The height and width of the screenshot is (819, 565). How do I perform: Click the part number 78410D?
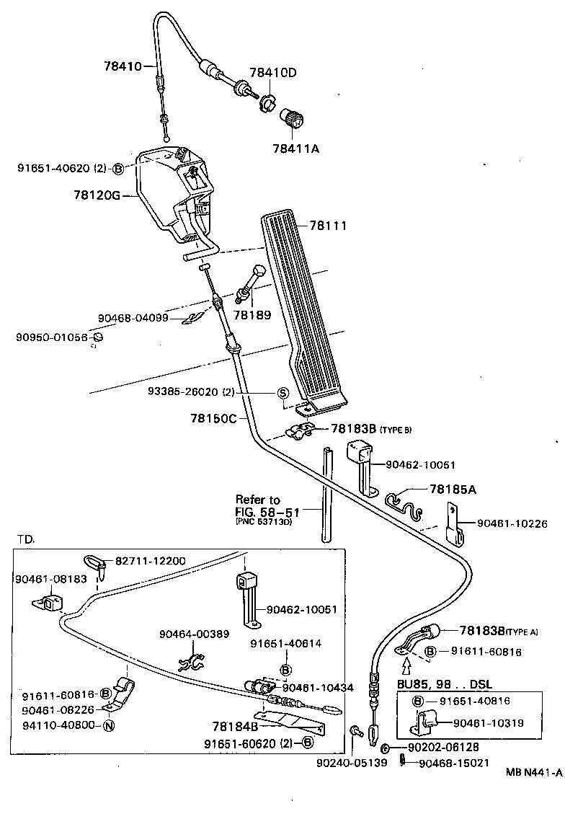273,73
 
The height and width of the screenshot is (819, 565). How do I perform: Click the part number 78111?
329,226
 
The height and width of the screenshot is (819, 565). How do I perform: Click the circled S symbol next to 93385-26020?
283,393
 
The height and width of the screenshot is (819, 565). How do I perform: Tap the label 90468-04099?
133,317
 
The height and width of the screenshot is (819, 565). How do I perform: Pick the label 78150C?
213,417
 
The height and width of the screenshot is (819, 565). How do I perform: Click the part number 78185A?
453,489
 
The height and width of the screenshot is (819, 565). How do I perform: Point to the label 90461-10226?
512,523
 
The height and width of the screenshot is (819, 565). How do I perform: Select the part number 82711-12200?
147,561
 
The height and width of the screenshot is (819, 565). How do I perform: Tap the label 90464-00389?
194,634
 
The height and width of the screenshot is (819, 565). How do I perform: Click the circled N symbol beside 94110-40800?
109,725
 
